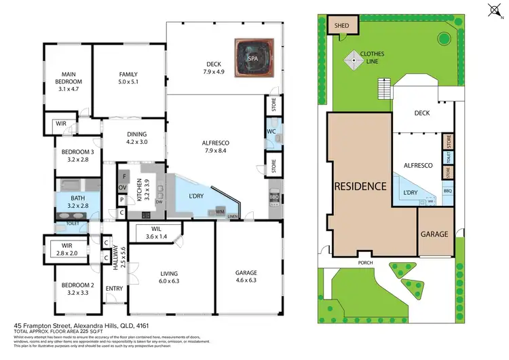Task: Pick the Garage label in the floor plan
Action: (x=246, y=276)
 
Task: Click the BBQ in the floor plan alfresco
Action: (x=274, y=197)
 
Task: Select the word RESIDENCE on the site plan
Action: (x=360, y=186)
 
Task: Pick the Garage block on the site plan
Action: (x=434, y=234)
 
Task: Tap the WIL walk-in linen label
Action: (x=156, y=233)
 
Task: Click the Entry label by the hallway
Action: (x=114, y=289)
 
